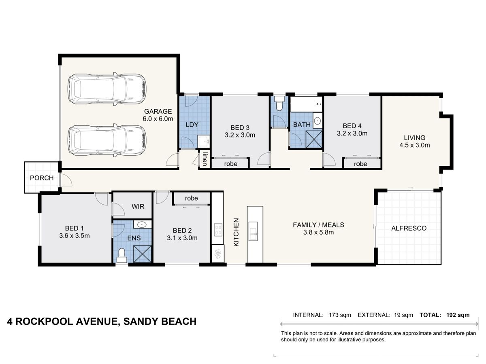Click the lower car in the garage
tap(107, 140)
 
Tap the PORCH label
tap(41, 178)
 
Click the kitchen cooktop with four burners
tap(218, 230)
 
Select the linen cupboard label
tap(205, 159)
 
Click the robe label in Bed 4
tap(360, 164)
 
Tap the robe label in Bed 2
tap(192, 198)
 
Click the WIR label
tap(138, 206)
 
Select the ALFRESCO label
tap(409, 228)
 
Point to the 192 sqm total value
tap(458, 315)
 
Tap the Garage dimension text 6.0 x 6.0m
tap(158, 119)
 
